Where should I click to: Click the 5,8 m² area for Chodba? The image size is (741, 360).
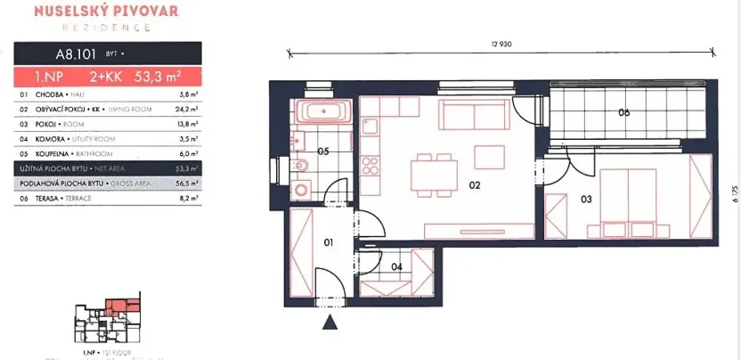tap(188, 94)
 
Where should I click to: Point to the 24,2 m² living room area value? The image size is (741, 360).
tap(187, 109)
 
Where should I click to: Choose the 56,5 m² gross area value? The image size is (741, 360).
tap(187, 184)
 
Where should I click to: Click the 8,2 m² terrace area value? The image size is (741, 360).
tap(188, 199)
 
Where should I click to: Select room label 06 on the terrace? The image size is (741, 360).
tap(623, 112)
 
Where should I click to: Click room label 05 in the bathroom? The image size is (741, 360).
tap(323, 151)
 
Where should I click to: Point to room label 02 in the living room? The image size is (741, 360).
tap(474, 185)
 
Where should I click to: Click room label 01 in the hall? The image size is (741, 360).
tap(327, 241)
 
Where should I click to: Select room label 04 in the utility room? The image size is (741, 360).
tap(396, 265)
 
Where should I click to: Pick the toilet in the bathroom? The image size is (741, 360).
tap(302, 164)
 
